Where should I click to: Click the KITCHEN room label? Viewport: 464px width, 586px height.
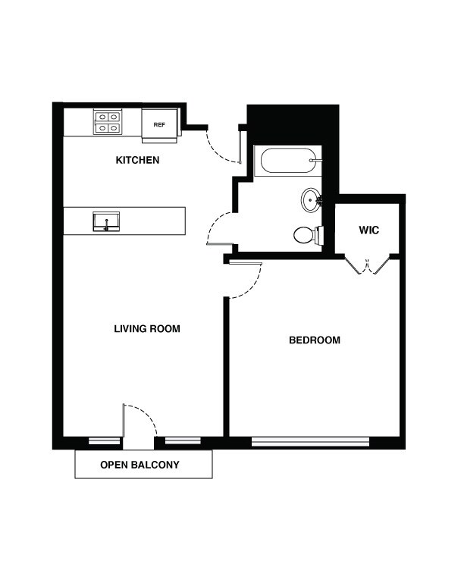(x=137, y=161)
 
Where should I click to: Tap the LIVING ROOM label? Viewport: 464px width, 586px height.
(x=146, y=329)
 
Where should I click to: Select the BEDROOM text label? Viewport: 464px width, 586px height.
(x=315, y=340)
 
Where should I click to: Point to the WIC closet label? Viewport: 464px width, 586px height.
(x=369, y=230)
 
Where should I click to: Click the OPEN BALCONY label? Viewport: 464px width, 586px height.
(x=140, y=465)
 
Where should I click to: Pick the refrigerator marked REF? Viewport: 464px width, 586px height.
(x=160, y=124)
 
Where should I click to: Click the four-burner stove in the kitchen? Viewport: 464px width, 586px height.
(x=108, y=122)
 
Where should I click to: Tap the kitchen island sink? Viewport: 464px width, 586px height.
(x=106, y=222)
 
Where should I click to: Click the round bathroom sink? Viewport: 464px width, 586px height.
(x=311, y=201)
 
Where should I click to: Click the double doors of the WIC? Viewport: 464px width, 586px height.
(x=368, y=265)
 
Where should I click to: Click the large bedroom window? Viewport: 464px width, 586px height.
(x=310, y=441)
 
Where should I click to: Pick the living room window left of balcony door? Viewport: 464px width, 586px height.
(x=104, y=440)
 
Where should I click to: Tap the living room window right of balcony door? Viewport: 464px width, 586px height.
(x=183, y=440)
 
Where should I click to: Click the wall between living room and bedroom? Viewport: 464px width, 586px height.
(x=226, y=368)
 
